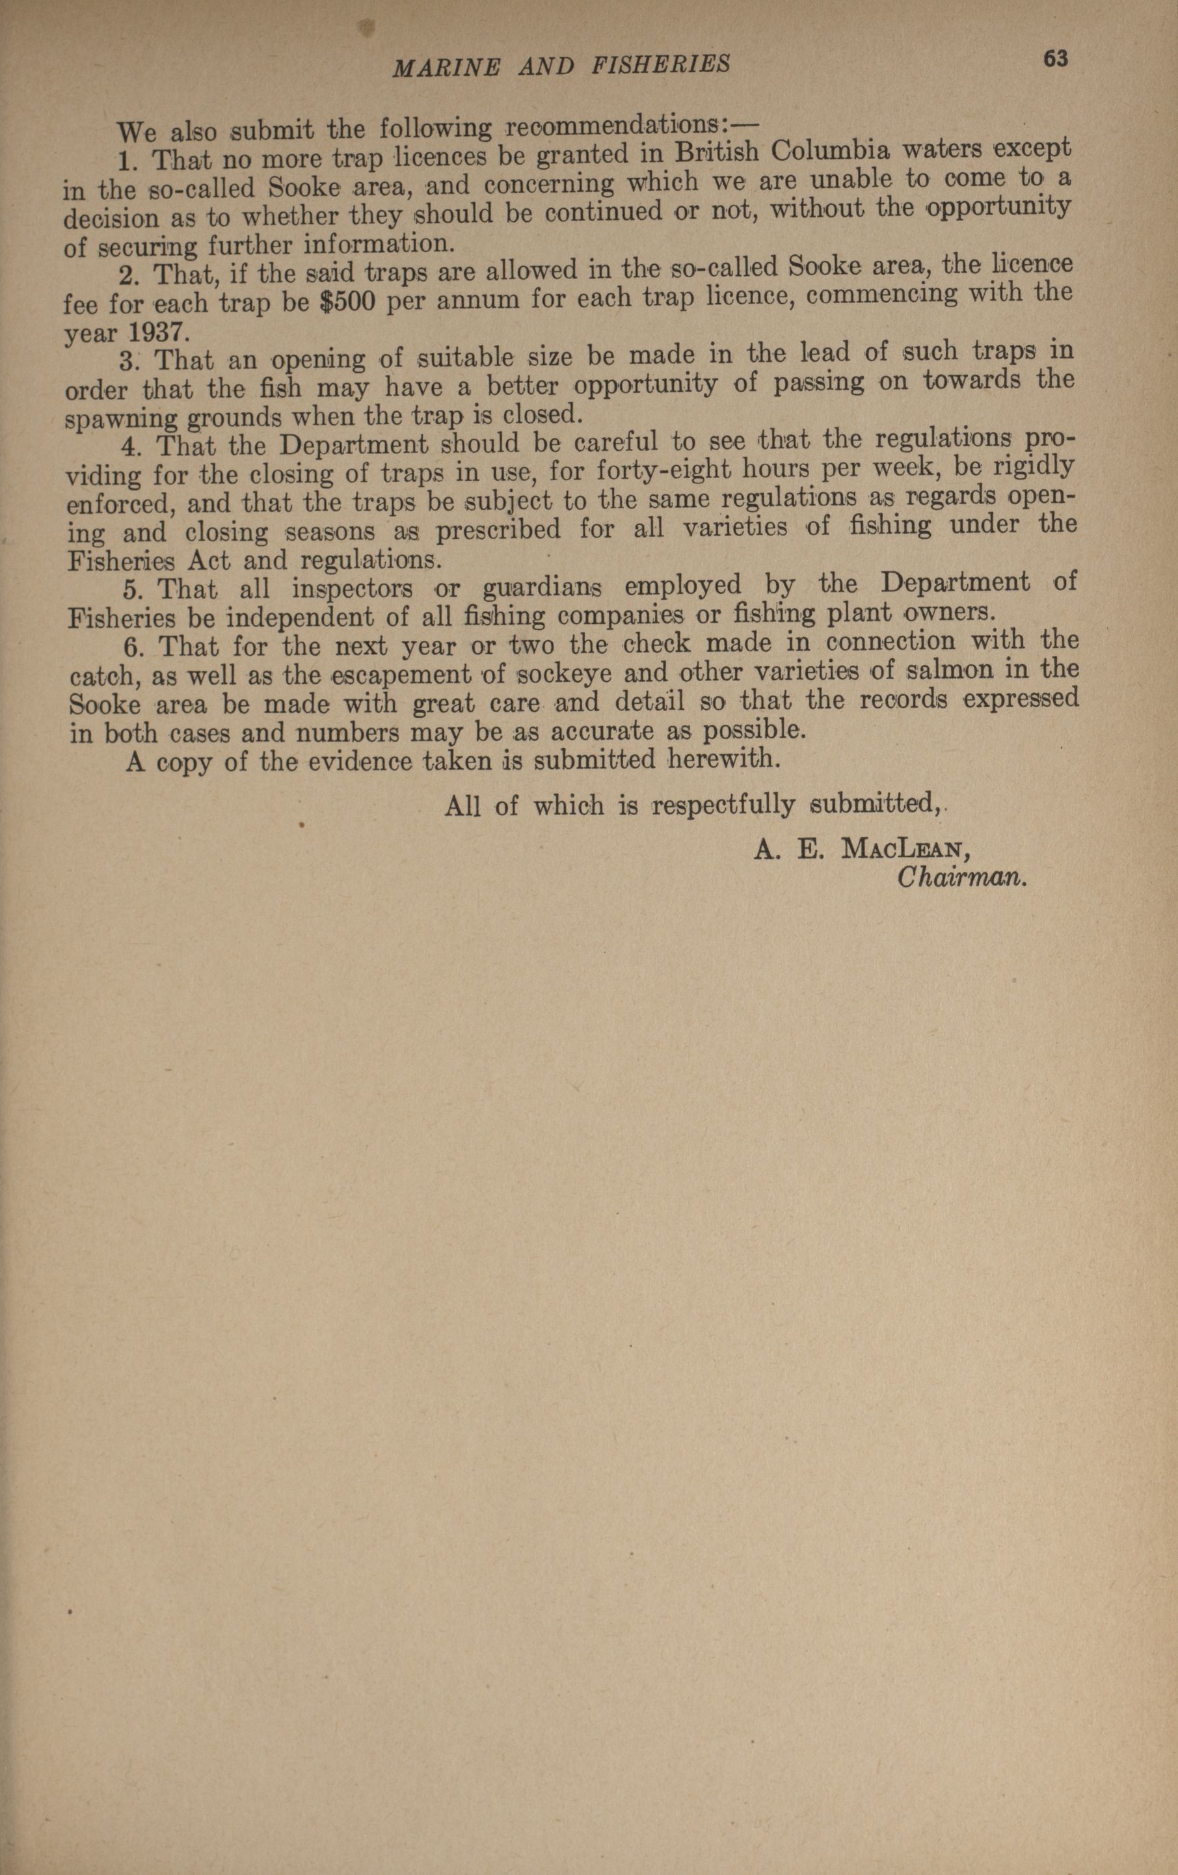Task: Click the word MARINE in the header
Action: pyautogui.click(x=447, y=66)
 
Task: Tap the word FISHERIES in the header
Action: pyautogui.click(x=661, y=64)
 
